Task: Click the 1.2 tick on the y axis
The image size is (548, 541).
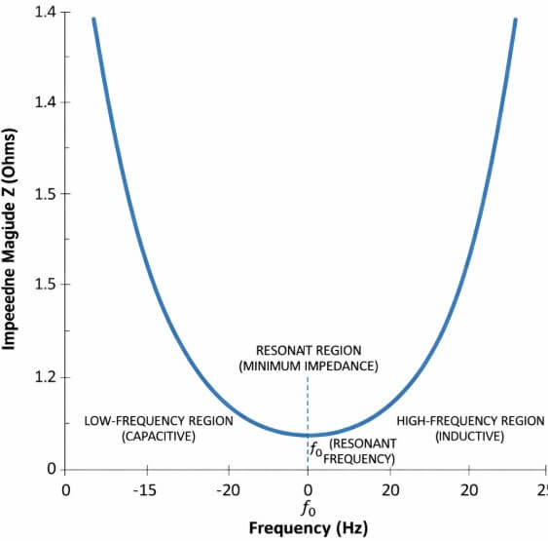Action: (x=47, y=377)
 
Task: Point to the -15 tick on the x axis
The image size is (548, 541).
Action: (x=146, y=489)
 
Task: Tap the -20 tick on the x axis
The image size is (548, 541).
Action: (x=228, y=489)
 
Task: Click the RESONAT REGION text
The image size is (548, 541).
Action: (x=307, y=350)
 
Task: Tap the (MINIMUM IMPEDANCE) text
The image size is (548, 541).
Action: (x=307, y=366)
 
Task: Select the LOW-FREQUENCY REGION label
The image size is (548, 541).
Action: (x=159, y=421)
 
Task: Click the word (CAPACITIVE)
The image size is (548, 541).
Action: (x=159, y=437)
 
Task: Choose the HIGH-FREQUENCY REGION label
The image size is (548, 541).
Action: (x=469, y=421)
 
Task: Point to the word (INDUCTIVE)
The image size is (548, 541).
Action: (x=469, y=437)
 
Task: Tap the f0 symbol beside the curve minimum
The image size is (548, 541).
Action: (x=315, y=449)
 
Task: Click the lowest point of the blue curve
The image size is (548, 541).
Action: (x=308, y=435)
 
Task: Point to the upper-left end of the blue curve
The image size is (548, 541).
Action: (x=93, y=19)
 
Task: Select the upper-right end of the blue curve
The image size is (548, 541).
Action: (x=515, y=19)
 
